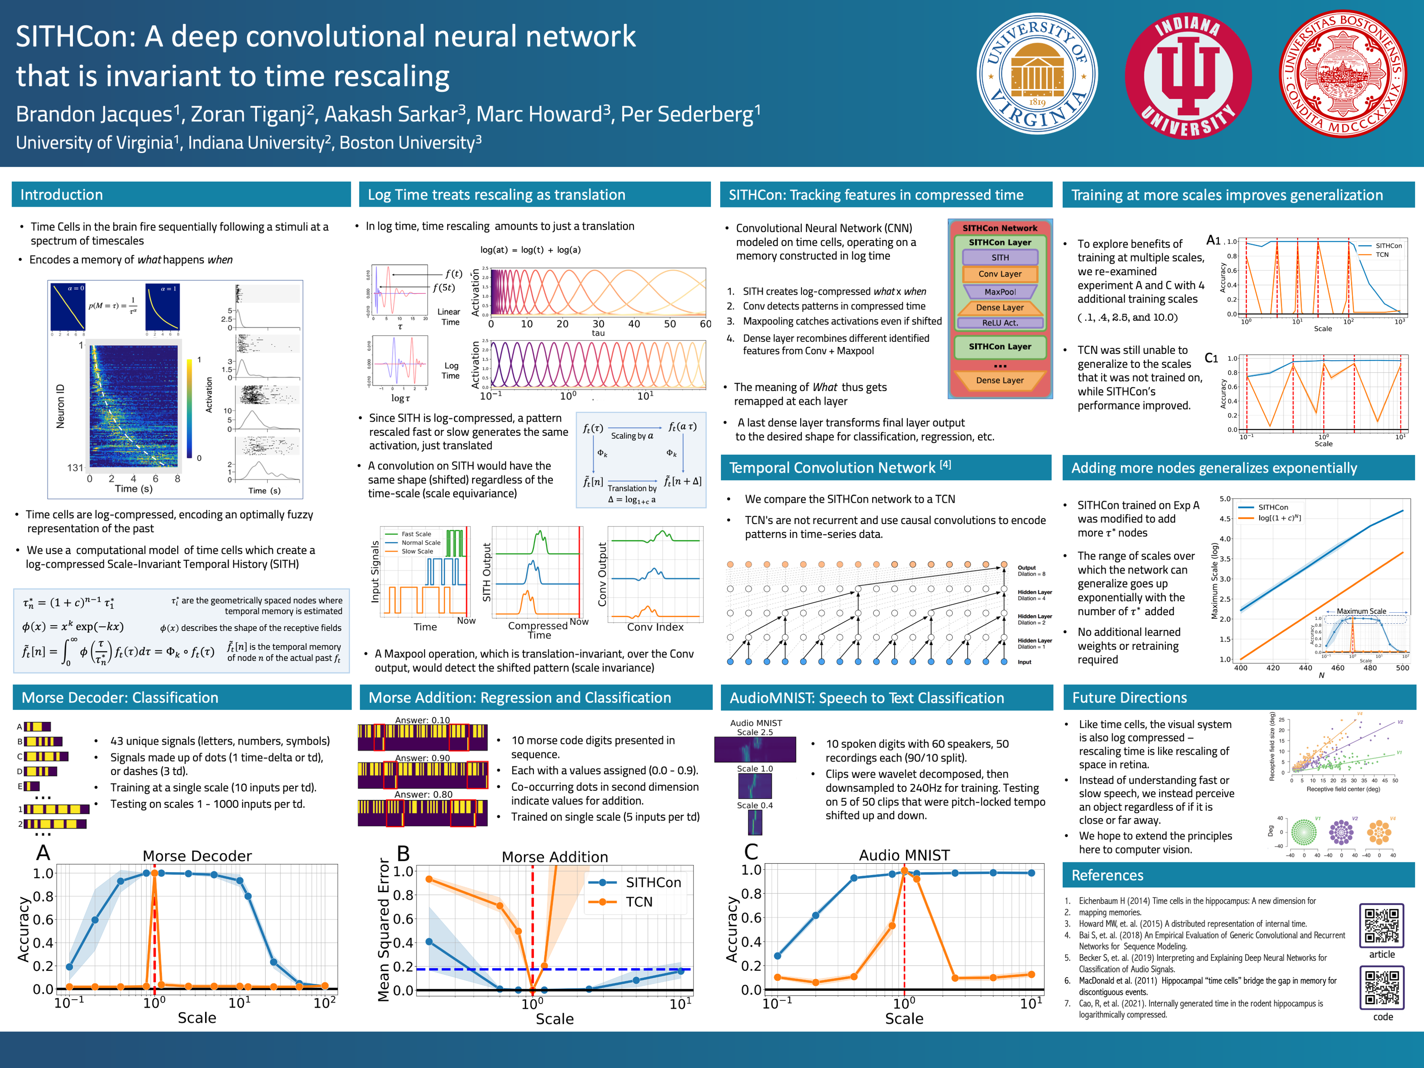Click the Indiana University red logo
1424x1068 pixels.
[1188, 76]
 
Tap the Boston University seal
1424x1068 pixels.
[1342, 74]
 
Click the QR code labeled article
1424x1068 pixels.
[1381, 925]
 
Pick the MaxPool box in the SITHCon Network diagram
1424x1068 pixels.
[1000, 291]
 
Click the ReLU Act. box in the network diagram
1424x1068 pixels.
[1000, 323]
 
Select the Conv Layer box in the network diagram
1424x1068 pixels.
[1000, 274]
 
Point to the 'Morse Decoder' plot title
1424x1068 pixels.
[197, 856]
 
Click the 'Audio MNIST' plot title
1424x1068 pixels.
[904, 855]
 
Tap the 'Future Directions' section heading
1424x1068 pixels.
[1129, 697]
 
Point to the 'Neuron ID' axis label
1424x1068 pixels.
[60, 406]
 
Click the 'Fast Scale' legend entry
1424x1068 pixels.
[416, 534]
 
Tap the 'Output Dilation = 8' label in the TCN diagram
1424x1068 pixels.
[1031, 570]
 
